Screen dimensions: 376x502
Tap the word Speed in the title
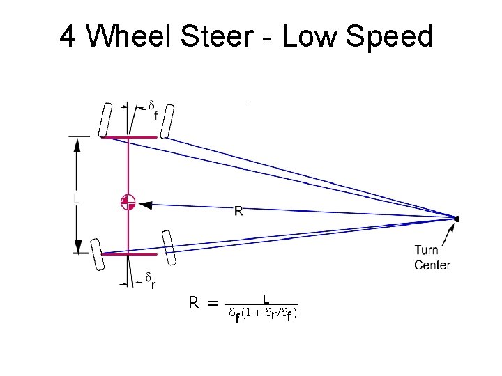(x=390, y=36)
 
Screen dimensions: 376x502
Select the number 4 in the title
(x=68, y=36)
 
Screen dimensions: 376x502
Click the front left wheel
(x=106, y=120)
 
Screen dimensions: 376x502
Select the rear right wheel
(x=169, y=247)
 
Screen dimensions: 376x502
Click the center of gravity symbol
(x=128, y=202)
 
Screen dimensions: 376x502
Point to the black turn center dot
(x=457, y=219)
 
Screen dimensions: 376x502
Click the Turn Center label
(x=432, y=257)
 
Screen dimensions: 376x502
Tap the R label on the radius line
(x=239, y=210)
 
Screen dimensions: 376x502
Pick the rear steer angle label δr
(x=150, y=280)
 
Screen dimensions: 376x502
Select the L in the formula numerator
(x=266, y=299)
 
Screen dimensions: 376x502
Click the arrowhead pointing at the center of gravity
(x=146, y=203)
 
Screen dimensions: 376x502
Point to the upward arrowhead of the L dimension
(x=78, y=143)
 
